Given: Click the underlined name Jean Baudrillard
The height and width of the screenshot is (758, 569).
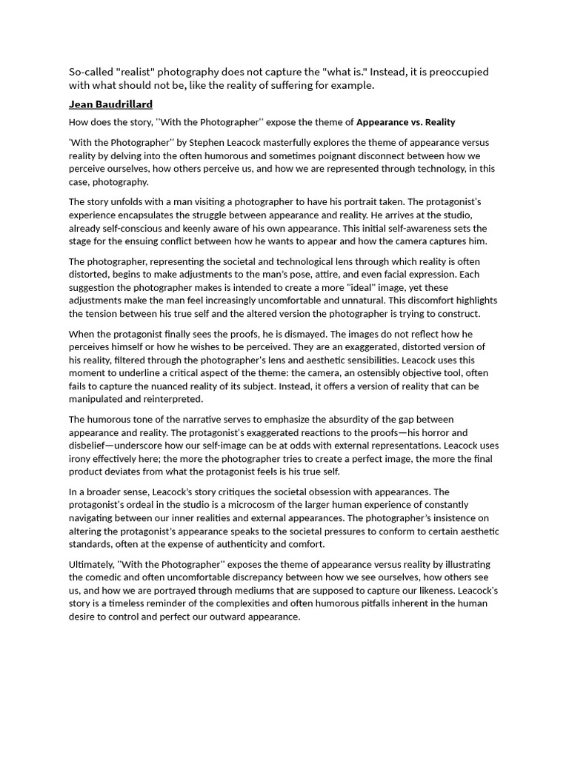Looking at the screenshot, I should (110, 104).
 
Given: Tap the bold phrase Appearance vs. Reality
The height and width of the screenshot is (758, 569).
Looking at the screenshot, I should (406, 122).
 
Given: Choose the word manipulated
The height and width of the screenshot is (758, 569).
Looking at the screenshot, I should (98, 399).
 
